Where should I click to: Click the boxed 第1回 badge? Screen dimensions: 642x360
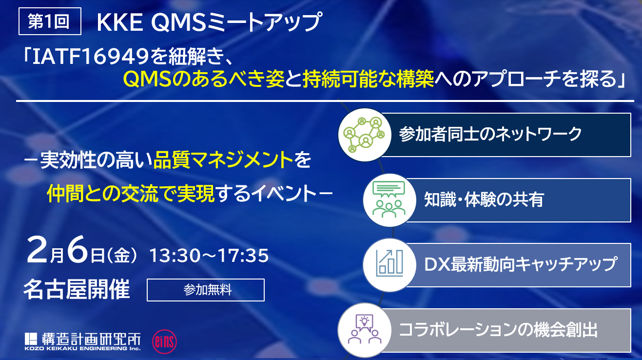point(50,21)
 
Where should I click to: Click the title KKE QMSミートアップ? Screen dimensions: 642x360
point(210,22)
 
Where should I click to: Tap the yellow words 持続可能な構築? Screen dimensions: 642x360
point(369,79)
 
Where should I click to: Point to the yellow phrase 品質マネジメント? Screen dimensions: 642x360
point(223,160)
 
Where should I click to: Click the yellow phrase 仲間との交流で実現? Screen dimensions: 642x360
point(131,194)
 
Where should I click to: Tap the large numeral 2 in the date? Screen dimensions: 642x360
point(37,249)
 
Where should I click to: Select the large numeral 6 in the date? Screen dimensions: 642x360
point(77,249)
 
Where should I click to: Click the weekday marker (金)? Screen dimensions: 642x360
point(122,255)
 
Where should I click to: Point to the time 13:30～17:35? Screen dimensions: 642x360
point(209,255)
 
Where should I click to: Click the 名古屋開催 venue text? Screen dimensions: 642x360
point(77,289)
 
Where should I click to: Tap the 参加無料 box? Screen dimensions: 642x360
point(206,290)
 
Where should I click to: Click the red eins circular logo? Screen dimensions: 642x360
point(164,341)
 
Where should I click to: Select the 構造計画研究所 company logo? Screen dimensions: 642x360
point(82,341)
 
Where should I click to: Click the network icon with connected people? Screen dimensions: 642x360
point(365,135)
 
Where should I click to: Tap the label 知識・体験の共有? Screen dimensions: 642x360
point(484,200)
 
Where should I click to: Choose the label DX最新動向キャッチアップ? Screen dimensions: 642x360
point(521,264)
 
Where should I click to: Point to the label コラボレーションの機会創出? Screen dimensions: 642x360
point(498,330)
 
